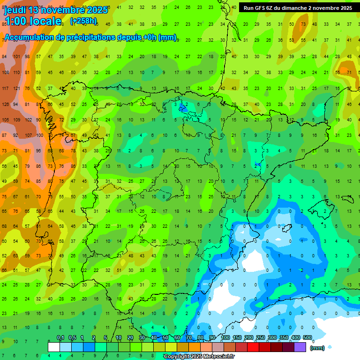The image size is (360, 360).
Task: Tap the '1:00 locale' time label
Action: click(33, 21)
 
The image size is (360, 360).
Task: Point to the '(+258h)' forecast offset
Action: click(83, 21)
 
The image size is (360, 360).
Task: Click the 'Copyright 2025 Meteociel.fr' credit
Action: click(199, 357)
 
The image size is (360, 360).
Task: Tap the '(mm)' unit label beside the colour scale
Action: click(317, 348)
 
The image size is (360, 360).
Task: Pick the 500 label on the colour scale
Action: click(307, 338)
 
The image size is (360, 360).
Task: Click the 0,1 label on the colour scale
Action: click(60, 338)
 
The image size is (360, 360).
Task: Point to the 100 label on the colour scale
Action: click(225, 338)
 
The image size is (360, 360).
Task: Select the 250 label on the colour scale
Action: click(260, 338)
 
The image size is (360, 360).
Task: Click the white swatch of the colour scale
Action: click(54, 347)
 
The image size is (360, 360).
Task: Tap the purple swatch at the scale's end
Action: click(300, 347)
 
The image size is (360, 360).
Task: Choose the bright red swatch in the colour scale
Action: click(253, 347)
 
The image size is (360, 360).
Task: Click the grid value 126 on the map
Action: click(6, 104)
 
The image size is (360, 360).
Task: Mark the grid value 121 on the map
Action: click(16, 88)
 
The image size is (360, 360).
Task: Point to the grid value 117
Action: click(6, 88)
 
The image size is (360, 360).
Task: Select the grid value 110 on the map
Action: click(16, 72)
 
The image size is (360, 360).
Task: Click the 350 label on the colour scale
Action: click(284, 338)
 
